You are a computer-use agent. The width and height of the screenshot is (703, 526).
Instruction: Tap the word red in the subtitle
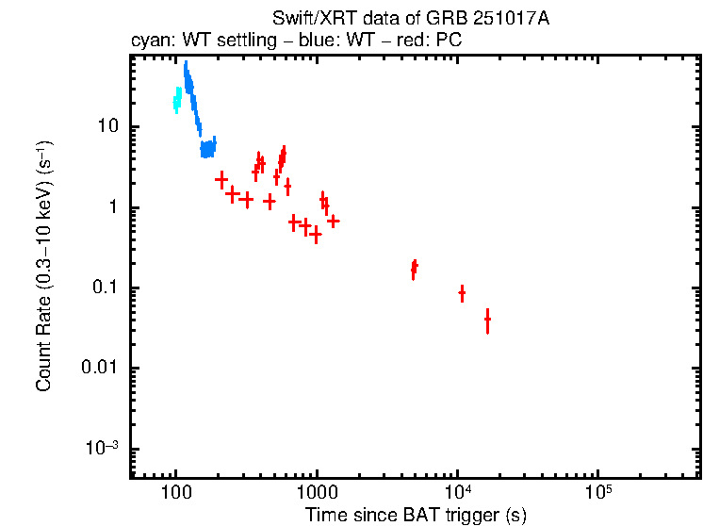[x=401, y=41]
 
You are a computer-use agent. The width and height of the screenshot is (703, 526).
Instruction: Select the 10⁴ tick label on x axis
[x=457, y=491]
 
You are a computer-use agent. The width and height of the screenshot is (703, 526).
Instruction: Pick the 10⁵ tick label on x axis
[x=597, y=491]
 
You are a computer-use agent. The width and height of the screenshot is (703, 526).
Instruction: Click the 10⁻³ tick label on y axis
[x=102, y=448]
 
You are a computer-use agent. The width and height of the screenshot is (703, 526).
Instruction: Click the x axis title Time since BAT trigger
[x=416, y=515]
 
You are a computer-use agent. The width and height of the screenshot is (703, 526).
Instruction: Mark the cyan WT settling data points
[x=177, y=100]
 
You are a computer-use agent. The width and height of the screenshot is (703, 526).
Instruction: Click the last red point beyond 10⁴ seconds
[x=487, y=321]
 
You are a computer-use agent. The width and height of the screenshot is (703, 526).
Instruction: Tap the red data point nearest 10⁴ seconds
[x=462, y=293]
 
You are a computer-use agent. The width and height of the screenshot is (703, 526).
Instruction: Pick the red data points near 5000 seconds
[x=414, y=269]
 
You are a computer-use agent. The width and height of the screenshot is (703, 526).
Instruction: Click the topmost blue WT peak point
[x=186, y=68]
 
